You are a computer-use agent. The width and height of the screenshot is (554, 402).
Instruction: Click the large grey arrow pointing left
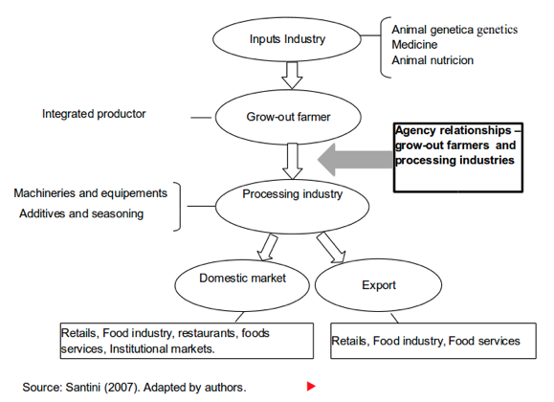(x=355, y=160)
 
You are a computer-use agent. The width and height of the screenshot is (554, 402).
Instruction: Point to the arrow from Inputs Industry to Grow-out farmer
(x=292, y=76)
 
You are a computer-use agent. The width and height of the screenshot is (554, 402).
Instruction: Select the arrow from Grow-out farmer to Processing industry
(x=293, y=161)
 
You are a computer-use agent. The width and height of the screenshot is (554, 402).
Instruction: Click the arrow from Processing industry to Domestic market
(x=268, y=247)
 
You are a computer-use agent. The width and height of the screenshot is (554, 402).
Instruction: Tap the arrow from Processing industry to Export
(x=331, y=248)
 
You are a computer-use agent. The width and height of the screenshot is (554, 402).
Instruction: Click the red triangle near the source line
(x=311, y=386)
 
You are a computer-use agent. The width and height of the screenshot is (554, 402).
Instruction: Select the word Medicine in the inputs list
(x=414, y=45)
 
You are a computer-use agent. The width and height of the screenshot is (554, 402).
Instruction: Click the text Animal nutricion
(x=432, y=60)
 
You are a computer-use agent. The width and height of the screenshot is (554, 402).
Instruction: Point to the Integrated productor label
(x=94, y=114)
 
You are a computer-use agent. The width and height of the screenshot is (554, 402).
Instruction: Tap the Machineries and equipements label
(x=91, y=193)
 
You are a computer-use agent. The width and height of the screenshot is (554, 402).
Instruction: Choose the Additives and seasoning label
(x=81, y=213)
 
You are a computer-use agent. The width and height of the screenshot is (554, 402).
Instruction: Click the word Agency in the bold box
(x=413, y=131)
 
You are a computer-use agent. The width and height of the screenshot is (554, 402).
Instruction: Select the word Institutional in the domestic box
(x=136, y=349)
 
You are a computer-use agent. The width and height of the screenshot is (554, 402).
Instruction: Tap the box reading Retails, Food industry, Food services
(x=433, y=341)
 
